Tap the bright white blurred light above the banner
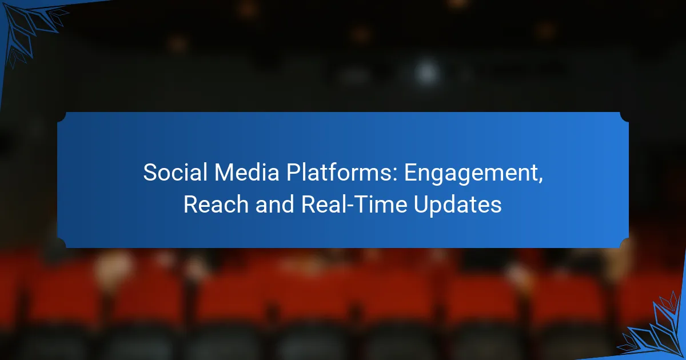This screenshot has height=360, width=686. tap(426, 73)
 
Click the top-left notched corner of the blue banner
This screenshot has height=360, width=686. tap(62, 117)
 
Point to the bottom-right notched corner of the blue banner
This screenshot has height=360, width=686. tap(624, 244)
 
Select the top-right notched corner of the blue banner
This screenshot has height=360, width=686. tap(624, 117)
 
